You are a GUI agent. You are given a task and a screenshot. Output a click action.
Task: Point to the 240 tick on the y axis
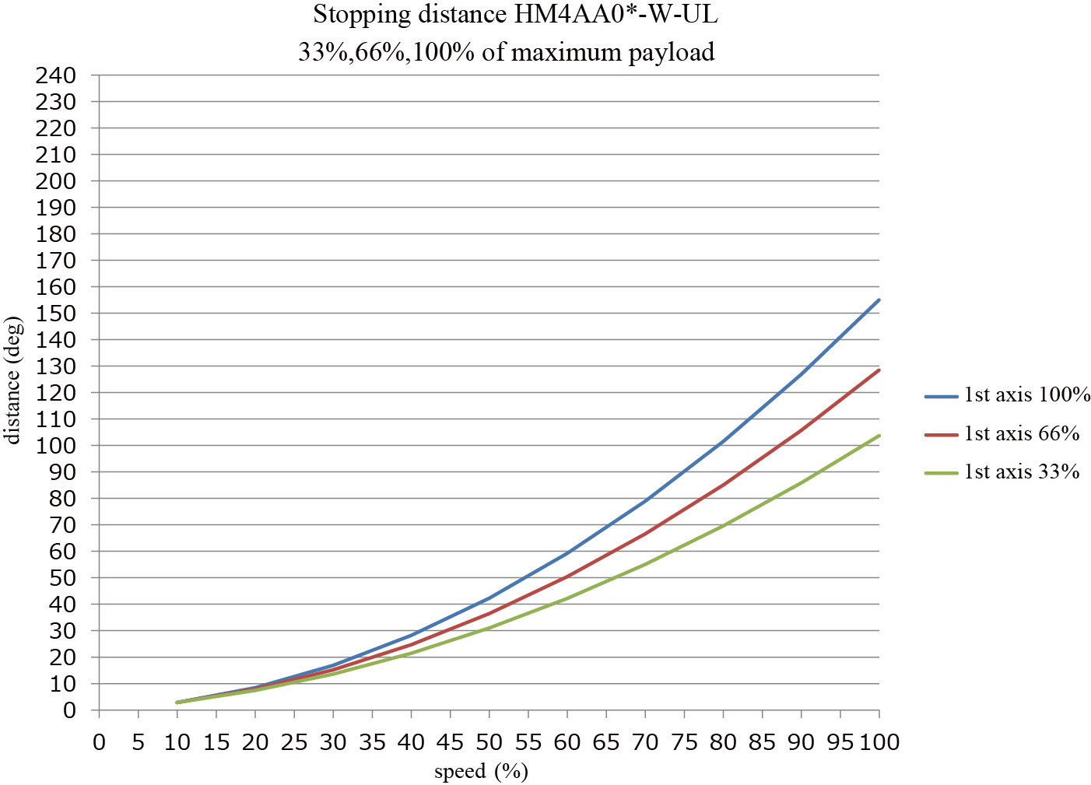pos(56,75)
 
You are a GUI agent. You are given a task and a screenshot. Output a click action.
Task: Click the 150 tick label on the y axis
pos(56,314)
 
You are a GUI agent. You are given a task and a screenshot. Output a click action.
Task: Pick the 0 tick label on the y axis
pos(69,710)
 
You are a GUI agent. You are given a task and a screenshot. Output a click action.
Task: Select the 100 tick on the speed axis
pos(879,742)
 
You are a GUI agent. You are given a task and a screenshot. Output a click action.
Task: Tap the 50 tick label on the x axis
pos(489,742)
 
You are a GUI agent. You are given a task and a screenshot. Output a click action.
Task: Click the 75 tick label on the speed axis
pos(684,742)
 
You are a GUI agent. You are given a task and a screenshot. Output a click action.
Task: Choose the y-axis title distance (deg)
pos(12,380)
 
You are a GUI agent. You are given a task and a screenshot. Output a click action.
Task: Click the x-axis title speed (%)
pos(481,771)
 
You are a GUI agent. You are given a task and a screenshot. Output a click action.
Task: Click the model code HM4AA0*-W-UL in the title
pos(616,14)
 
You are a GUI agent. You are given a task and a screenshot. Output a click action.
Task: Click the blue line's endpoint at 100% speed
pos(879,300)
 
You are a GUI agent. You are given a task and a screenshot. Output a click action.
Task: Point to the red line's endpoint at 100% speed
pos(879,370)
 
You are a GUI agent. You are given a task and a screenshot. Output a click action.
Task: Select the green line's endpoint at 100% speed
pos(879,436)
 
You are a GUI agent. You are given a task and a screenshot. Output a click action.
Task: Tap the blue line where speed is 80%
pos(723,443)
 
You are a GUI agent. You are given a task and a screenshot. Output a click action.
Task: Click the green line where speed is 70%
pos(645,564)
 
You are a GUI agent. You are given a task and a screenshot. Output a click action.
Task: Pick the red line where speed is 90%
pos(801,429)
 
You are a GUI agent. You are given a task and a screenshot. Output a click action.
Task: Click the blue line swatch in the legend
pos(941,396)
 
